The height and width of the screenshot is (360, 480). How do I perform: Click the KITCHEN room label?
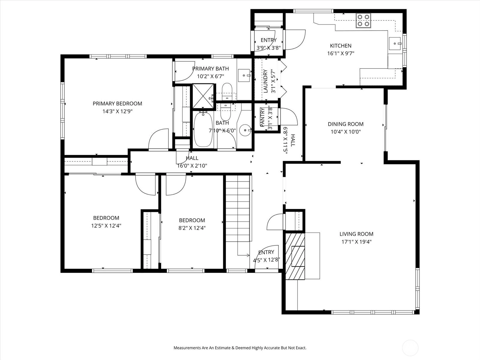pos(340,46)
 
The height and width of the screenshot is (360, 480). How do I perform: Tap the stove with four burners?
pos(363,20)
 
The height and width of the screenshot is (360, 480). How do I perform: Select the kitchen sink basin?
pos(395,43)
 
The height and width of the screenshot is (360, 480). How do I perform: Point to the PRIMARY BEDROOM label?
pos(117,103)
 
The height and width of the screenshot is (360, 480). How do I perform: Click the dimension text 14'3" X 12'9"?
pos(117,111)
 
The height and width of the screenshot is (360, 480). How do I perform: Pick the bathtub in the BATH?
pos(203,130)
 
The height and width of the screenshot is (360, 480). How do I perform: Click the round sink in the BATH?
pos(245,130)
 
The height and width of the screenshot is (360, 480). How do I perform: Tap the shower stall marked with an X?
pos(203,96)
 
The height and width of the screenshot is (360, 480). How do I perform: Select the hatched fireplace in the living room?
pos(295,256)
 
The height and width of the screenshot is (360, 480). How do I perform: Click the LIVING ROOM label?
pos(356,234)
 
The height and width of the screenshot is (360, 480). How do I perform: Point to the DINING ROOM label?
pos(346,124)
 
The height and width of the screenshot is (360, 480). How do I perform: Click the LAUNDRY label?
pos(265,81)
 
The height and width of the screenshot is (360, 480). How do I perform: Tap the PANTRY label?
pos(262,117)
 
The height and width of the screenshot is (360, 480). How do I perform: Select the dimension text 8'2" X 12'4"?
pos(192,228)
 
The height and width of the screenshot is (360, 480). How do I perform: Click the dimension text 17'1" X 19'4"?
pos(356,242)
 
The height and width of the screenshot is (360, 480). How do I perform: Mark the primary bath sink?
pos(244,75)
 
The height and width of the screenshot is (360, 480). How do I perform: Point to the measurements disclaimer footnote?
pos(240,347)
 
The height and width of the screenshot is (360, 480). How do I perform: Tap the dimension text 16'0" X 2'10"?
pos(192,166)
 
